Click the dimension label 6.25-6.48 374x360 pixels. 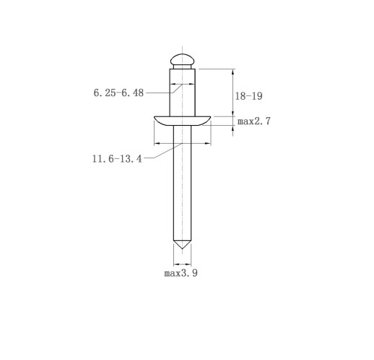pyautogui.click(x=118, y=93)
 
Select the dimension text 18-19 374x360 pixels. pyautogui.click(x=248, y=96)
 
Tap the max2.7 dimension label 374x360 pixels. pyautogui.click(x=254, y=121)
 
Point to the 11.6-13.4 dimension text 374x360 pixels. pyautogui.click(x=117, y=159)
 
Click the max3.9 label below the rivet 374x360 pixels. pyautogui.click(x=181, y=273)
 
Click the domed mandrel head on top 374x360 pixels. pyautogui.click(x=183, y=59)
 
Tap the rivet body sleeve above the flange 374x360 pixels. pyautogui.click(x=183, y=93)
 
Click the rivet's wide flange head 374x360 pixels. pyautogui.click(x=183, y=121)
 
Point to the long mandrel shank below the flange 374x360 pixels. pyautogui.click(x=183, y=183)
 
